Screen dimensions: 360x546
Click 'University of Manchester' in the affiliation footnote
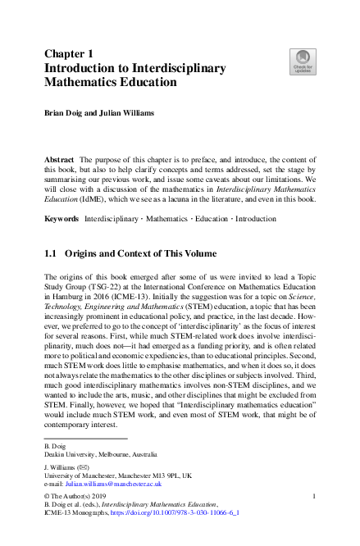(85, 476)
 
